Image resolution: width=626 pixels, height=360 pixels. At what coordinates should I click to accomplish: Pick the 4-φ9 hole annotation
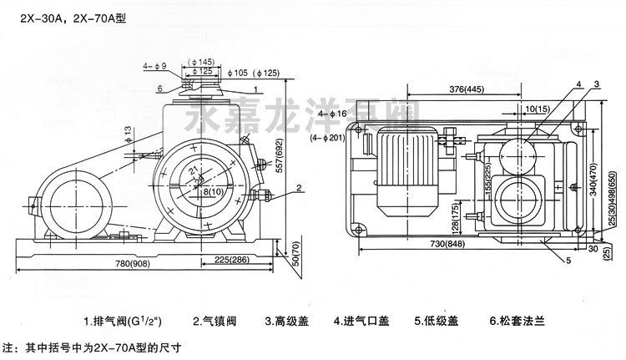155,65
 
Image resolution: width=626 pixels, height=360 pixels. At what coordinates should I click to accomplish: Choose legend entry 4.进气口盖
361,319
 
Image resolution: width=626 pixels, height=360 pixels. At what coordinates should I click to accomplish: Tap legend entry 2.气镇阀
213,319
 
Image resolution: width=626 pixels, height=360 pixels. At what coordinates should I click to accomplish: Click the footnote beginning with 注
92,346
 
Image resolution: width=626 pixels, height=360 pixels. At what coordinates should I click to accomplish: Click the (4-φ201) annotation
329,138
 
